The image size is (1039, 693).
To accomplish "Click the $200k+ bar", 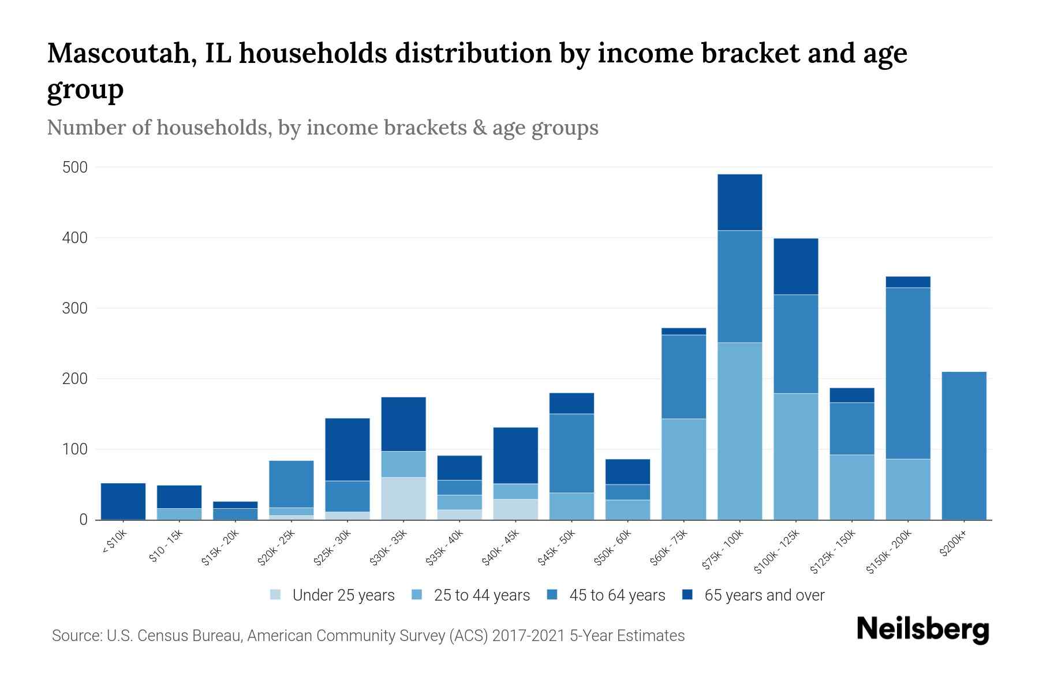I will tap(963, 446).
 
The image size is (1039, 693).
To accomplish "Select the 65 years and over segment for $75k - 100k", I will tap(739, 202).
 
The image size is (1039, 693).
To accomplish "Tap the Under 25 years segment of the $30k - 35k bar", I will tap(403, 498).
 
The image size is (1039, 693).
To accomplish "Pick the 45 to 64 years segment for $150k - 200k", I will tap(908, 373).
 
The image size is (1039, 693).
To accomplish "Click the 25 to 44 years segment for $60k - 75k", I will tap(683, 469).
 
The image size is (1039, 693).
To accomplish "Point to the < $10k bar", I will tap(123, 501).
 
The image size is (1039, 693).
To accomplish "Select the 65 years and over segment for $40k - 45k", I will tap(515, 456).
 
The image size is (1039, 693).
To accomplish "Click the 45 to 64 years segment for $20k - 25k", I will tap(291, 484).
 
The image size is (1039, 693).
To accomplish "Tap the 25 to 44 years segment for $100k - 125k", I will tap(795, 456).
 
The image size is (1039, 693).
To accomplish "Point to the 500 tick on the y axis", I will tap(75, 167).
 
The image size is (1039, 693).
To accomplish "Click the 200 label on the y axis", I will tap(75, 379).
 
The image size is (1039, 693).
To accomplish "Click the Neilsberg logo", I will tap(922, 629).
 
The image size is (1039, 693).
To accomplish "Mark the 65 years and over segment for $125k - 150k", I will tap(851, 395).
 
